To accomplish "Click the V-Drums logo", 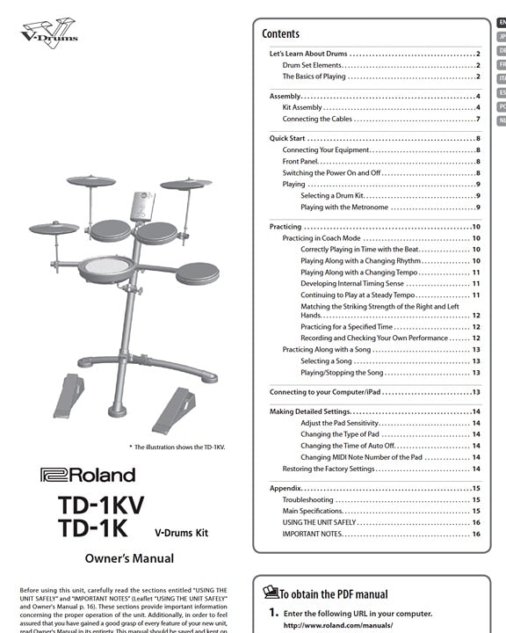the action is pos(49,33).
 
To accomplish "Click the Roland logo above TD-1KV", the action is pos(88,475).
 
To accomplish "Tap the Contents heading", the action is pos(280,33).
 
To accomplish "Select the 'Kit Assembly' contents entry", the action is pos(302,107).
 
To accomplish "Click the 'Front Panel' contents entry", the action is pos(300,162).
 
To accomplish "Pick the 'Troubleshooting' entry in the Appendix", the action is pos(307,499).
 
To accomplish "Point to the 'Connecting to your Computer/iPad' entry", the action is pos(325,392).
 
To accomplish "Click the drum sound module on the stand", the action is pos(142,207).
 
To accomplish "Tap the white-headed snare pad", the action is pos(106,269).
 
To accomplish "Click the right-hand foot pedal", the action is pos(174,411).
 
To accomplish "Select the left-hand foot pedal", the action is pos(69,396).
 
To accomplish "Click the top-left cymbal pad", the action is pos(90,181).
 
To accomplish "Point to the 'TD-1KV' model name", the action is pos(101,505).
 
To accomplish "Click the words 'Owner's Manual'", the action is pos(129,558).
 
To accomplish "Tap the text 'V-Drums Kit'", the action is pos(181,533).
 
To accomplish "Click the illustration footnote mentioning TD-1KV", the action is pos(177,447).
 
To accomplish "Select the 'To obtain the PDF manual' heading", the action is pos(333,594).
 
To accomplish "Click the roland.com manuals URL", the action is pos(338,625).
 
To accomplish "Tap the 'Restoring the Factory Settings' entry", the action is pos(329,469).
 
